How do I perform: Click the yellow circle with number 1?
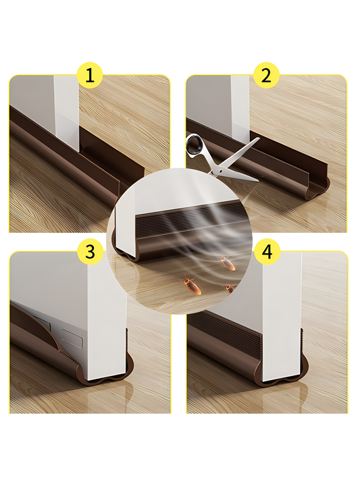tap(89, 76)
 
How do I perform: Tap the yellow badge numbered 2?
tap(266, 76)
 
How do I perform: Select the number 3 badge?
tap(90, 252)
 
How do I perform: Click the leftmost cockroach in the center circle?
tap(192, 286)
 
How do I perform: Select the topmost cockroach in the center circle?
tap(228, 263)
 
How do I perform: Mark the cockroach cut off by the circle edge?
tap(230, 289)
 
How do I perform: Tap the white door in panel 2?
tap(240, 106)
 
